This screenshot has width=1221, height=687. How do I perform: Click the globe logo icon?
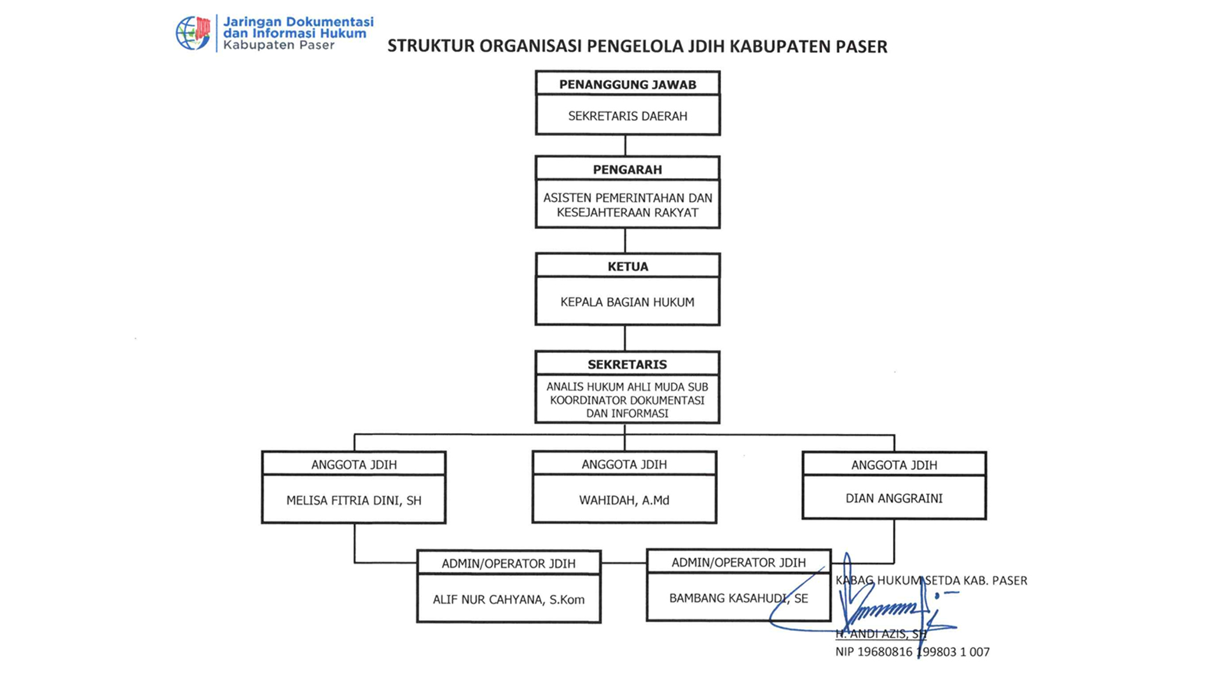193,33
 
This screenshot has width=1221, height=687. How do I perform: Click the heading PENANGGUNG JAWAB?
628,85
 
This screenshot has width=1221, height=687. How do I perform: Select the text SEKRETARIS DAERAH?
628,116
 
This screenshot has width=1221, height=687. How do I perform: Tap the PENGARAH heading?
628,170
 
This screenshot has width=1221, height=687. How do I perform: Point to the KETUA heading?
628,267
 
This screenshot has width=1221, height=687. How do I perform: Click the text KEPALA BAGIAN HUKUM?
628,302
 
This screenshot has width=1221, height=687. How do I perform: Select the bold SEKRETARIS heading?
628,364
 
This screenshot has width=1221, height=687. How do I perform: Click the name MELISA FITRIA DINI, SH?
354,501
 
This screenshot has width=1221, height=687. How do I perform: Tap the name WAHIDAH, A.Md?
624,501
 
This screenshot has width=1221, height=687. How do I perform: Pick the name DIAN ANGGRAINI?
894,499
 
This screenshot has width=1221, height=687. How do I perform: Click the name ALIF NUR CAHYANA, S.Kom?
509,600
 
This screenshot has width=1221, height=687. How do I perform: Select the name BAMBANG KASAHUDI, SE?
738,599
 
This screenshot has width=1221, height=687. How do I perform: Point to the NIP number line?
913,652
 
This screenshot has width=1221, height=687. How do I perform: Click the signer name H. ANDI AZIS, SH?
881,634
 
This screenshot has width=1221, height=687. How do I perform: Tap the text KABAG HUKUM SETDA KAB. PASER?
931,581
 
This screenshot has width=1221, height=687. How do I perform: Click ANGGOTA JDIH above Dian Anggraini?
894,465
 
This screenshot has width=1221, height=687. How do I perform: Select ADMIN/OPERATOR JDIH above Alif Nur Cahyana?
509,564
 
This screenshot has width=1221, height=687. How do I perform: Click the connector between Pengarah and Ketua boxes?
625,240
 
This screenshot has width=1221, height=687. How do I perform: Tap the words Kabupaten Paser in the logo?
279,45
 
